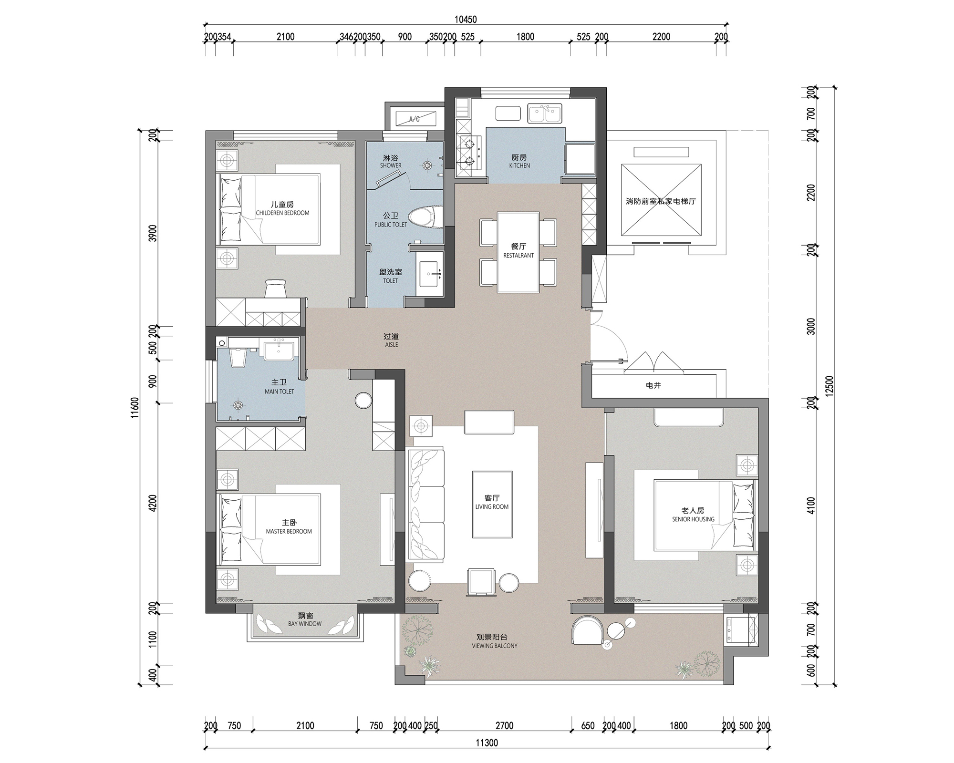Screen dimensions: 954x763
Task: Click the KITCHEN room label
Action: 519,165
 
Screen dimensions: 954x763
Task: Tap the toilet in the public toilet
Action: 426,218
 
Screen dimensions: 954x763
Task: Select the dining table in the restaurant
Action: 518,252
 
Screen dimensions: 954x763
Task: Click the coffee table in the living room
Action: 492,505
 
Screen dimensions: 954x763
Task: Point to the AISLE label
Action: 391,344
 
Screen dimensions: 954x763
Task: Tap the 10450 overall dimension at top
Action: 466,20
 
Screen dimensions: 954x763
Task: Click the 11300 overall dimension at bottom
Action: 487,742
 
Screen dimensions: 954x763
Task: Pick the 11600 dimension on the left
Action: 135,408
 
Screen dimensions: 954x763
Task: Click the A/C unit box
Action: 414,119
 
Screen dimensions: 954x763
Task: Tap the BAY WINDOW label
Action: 305,623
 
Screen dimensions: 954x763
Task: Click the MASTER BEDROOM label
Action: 289,531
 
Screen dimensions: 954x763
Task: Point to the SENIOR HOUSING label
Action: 693,519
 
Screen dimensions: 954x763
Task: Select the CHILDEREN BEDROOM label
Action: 282,213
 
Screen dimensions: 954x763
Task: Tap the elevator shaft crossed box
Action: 661,200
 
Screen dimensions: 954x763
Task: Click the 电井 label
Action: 653,385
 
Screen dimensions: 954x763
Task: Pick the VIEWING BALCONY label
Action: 494,646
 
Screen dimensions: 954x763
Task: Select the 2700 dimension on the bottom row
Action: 504,725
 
